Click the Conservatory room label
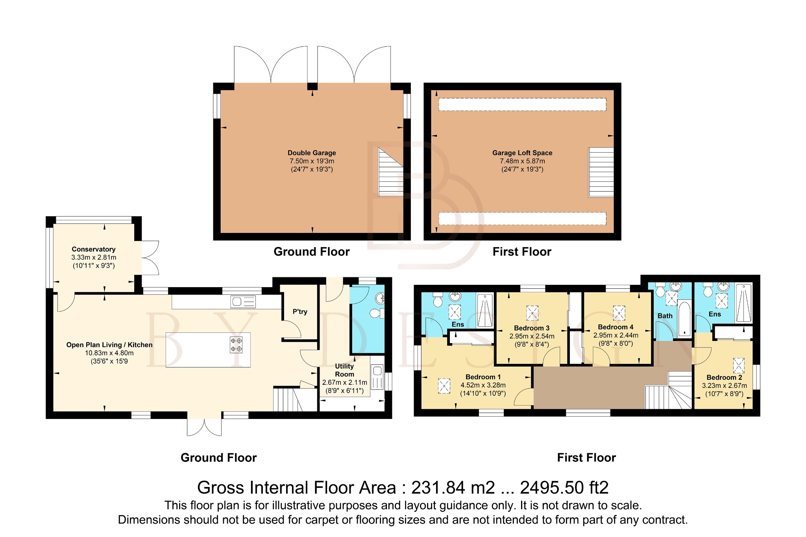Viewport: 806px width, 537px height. (x=93, y=249)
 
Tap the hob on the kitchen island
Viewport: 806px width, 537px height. (x=236, y=345)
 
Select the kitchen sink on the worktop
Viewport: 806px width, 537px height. (x=243, y=302)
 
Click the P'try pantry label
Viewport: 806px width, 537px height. (x=299, y=312)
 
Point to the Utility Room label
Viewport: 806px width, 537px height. (x=344, y=370)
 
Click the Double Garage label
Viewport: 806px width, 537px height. (x=311, y=153)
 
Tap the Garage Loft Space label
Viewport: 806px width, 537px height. (x=522, y=153)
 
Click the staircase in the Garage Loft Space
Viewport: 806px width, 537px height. (x=601, y=172)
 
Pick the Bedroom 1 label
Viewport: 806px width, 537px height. (x=483, y=377)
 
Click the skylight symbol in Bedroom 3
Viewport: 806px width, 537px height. (x=532, y=314)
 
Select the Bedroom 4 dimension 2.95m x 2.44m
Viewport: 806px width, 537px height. (x=616, y=335)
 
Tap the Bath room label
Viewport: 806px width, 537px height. (x=665, y=316)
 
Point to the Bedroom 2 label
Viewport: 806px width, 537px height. (x=724, y=377)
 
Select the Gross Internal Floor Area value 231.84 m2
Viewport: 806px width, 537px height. (x=453, y=488)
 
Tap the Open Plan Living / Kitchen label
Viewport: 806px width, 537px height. (x=109, y=345)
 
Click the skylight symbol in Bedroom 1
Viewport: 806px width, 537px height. (x=444, y=386)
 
